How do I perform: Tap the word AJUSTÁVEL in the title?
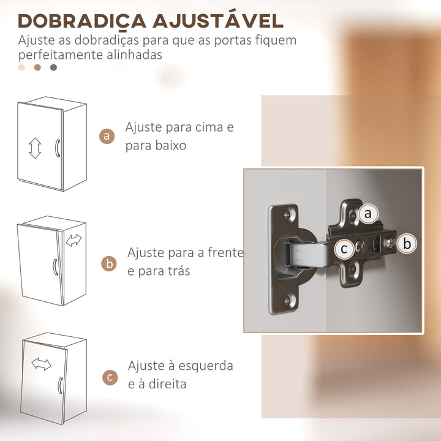click(x=217, y=20)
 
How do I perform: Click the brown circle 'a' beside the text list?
click(x=108, y=136)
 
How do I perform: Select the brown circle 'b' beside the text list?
click(x=109, y=264)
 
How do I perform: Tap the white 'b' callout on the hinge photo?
click(x=406, y=243)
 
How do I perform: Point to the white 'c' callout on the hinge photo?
click(x=344, y=249)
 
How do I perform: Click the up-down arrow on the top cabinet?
click(x=35, y=148)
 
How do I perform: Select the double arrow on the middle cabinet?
click(x=73, y=240)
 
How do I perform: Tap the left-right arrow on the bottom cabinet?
click(x=42, y=364)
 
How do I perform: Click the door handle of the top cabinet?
click(x=57, y=149)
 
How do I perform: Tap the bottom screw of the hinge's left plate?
click(x=288, y=299)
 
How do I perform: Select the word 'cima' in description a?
click(x=208, y=128)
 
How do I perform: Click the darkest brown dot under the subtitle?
click(x=53, y=67)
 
